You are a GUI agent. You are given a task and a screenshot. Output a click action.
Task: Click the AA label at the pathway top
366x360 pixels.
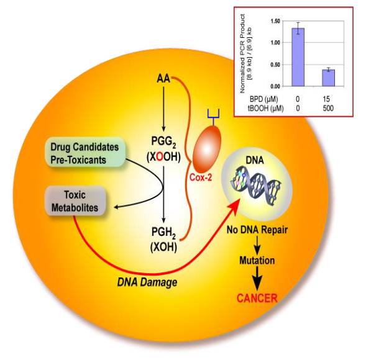click(163, 79)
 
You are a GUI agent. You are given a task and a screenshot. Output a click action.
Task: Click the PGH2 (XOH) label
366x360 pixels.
click(163, 238)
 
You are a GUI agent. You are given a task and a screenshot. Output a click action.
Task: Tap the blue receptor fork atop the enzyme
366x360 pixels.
click(212, 113)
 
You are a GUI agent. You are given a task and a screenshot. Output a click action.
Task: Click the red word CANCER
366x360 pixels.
click(256, 298)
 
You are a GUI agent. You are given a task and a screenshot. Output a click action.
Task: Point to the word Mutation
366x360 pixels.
click(256, 260)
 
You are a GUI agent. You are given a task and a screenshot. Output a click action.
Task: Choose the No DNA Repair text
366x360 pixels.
click(257, 232)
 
